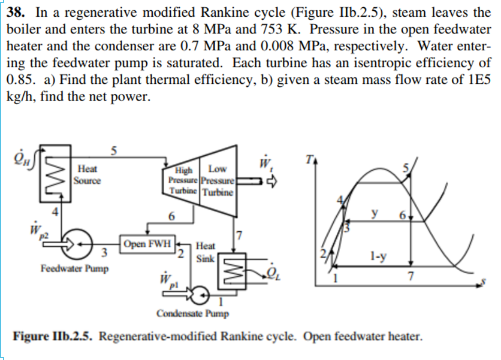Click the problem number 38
[x=22, y=12]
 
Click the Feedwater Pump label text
[x=74, y=268]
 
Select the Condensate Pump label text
[x=192, y=313]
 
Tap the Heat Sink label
[x=206, y=251]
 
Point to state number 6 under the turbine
[x=172, y=216]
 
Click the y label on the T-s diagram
[x=375, y=213]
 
